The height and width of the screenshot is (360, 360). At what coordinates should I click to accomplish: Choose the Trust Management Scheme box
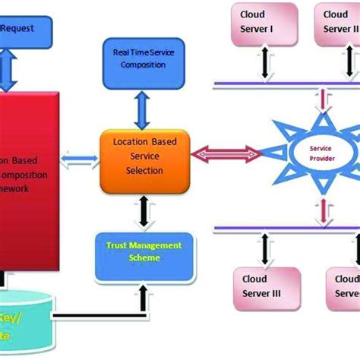[x=141, y=251]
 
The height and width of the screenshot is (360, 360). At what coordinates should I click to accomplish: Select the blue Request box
[x=27, y=28]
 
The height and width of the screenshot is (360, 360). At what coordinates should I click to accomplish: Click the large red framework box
[x=30, y=182]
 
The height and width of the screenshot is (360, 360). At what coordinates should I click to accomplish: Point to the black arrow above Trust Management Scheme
[x=142, y=208]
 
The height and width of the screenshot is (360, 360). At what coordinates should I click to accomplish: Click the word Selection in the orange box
[x=144, y=170]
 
